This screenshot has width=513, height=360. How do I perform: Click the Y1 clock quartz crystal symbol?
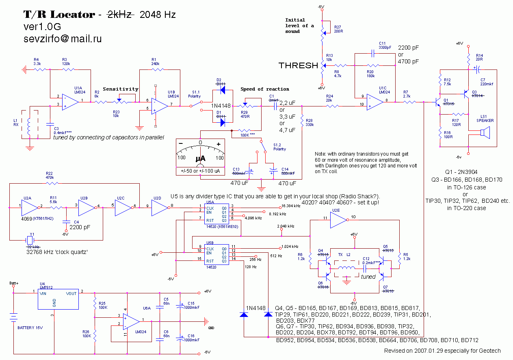pyautogui.click(x=29, y=239)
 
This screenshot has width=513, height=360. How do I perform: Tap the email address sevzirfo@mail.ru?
pyautogui.click(x=62, y=39)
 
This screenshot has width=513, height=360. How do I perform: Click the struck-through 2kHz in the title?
pyautogui.click(x=120, y=15)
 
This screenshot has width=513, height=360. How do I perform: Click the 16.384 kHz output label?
pyautogui.click(x=291, y=206)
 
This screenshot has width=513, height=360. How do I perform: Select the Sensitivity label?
pyautogui.click(x=120, y=89)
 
